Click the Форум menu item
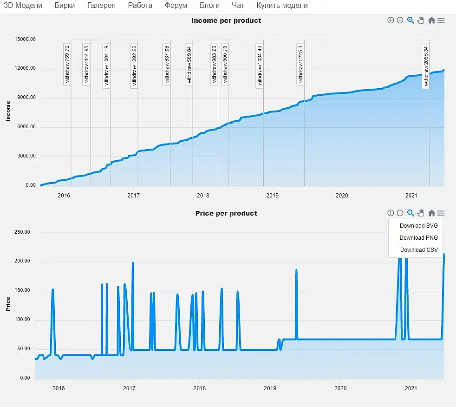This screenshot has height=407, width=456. [x=176, y=6]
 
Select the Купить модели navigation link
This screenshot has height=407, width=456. [x=282, y=6]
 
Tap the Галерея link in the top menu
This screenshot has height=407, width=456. [x=103, y=6]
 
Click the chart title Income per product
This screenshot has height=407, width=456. [x=226, y=20]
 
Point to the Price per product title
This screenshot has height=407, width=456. [x=226, y=213]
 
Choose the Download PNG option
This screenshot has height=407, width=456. [x=418, y=237]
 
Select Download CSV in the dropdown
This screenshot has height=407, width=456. [x=418, y=249]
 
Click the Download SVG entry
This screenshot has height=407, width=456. [x=418, y=225]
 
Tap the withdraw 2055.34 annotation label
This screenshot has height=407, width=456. [x=425, y=65]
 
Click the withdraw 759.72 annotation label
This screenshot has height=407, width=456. [x=67, y=64]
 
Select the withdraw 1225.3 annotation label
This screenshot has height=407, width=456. [x=300, y=64]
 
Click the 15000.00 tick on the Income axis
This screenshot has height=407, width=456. [x=25, y=39]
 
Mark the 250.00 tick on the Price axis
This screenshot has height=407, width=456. [x=21, y=232]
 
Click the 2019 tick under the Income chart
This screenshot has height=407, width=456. [x=272, y=195]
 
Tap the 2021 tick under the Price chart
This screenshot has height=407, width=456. [x=410, y=388]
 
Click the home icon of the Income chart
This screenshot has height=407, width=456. [x=431, y=20]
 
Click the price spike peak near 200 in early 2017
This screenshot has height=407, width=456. [x=133, y=263]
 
